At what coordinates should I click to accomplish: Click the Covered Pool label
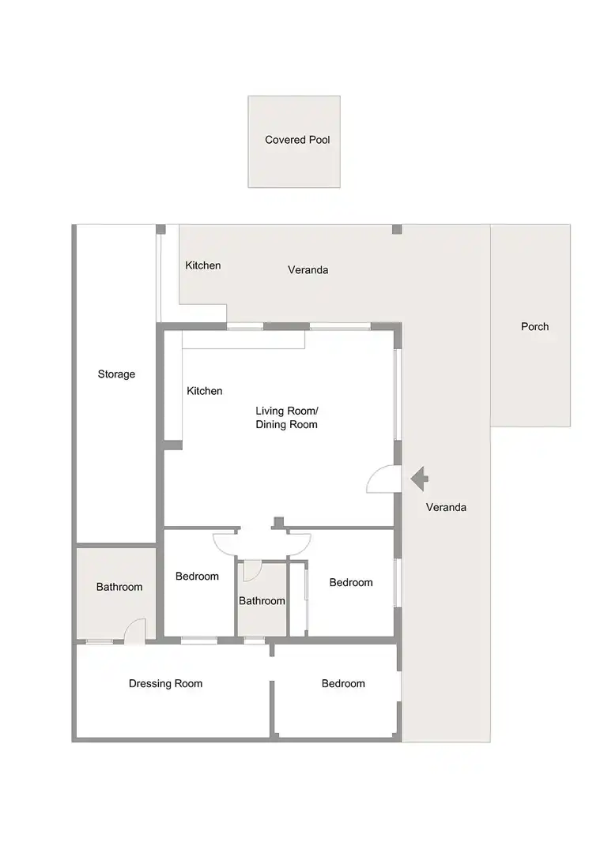pyautogui.click(x=297, y=140)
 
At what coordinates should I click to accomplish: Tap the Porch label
pyautogui.click(x=535, y=326)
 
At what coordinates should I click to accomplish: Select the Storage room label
pyautogui.click(x=116, y=374)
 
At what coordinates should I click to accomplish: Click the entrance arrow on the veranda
pyautogui.click(x=419, y=479)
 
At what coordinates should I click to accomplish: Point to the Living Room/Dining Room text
pyautogui.click(x=286, y=418)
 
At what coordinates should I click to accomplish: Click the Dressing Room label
pyautogui.click(x=165, y=684)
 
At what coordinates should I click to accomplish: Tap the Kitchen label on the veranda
pyautogui.click(x=203, y=265)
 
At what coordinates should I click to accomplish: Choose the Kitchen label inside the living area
pyautogui.click(x=205, y=391)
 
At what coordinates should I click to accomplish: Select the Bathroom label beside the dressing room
pyautogui.click(x=119, y=587)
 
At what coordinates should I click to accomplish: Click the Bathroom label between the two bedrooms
pyautogui.click(x=262, y=601)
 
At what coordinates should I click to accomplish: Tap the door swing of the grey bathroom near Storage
pyautogui.click(x=134, y=630)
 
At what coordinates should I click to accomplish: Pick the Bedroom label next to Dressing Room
pyautogui.click(x=343, y=684)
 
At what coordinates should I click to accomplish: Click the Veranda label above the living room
pyautogui.click(x=308, y=270)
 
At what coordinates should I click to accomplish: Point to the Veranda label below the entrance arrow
pyautogui.click(x=446, y=508)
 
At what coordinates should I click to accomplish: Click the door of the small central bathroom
pyautogui.click(x=252, y=571)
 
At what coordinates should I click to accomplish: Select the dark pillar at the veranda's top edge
pyautogui.click(x=397, y=229)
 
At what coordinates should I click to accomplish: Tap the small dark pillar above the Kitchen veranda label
pyautogui.click(x=160, y=229)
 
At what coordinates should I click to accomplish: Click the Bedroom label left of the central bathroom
pyautogui.click(x=197, y=576)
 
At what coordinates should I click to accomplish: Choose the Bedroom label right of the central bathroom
pyautogui.click(x=351, y=583)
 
